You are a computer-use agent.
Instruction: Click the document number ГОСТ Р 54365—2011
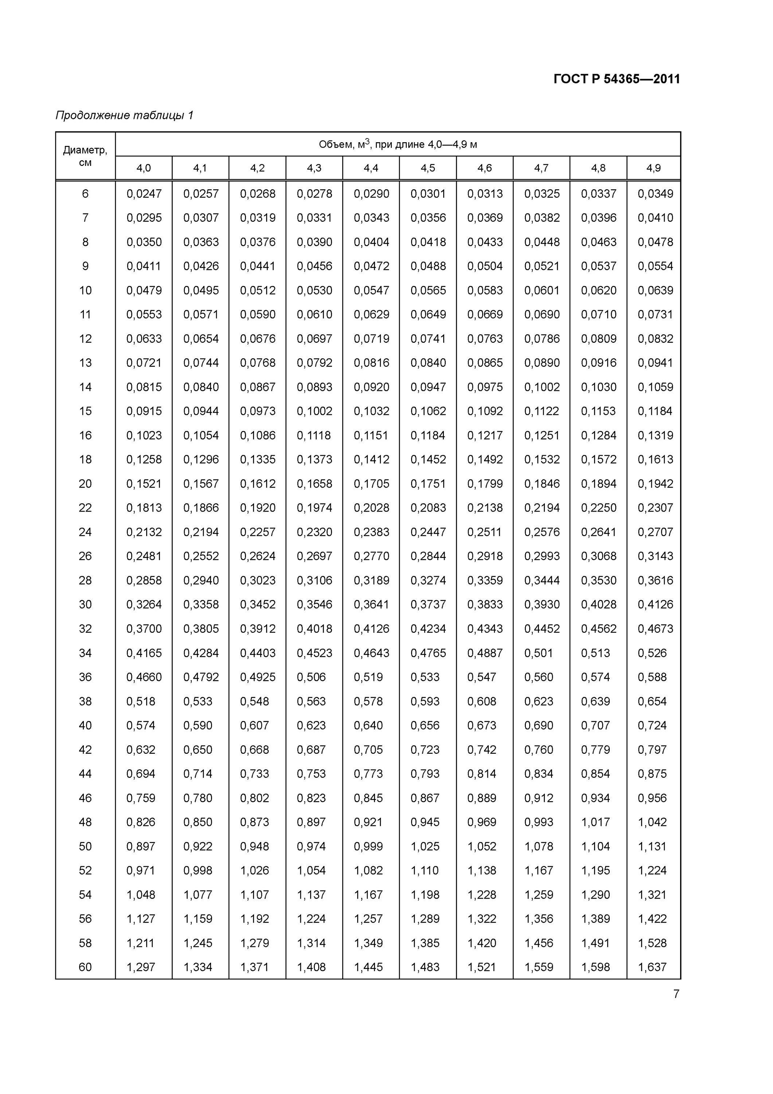(616, 79)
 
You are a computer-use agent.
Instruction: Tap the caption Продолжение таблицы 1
(125, 115)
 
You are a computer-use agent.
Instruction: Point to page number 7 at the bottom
(676, 994)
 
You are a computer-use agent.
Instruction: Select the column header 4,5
(428, 168)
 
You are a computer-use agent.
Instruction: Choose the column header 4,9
(653, 168)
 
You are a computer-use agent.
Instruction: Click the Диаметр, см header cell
(85, 156)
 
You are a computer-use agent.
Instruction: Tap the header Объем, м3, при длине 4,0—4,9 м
(398, 144)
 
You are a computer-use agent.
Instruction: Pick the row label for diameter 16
(85, 435)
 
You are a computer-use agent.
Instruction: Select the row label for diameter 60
(85, 967)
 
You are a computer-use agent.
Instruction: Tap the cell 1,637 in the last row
(652, 967)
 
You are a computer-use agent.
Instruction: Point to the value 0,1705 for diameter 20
(371, 484)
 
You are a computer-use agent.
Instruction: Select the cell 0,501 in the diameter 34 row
(538, 653)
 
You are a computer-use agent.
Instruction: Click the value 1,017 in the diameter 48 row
(596, 822)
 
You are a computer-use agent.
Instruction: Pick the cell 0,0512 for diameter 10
(258, 291)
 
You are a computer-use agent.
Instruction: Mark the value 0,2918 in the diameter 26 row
(485, 556)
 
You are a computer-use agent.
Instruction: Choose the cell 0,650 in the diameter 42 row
(198, 749)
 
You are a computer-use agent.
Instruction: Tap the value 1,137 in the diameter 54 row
(312, 895)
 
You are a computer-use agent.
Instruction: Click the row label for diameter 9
(85, 266)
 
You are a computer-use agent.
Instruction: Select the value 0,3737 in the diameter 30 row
(428, 605)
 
